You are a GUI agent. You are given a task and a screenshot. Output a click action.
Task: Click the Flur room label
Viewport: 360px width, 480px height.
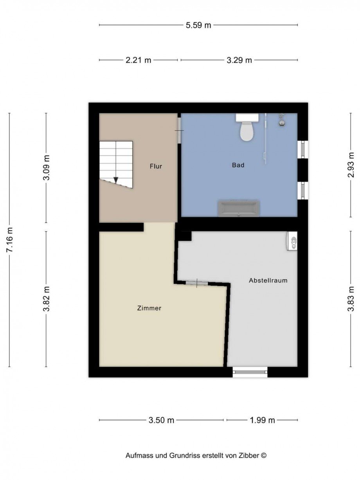coord(156,166)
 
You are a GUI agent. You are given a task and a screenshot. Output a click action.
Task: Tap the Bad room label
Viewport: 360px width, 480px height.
coord(238,165)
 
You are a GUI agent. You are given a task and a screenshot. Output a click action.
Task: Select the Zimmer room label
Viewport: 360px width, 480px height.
coord(149,308)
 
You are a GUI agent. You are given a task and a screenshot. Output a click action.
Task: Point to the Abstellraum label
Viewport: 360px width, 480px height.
coord(268,280)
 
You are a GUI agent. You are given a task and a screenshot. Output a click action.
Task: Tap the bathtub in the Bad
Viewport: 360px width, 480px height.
coord(239,209)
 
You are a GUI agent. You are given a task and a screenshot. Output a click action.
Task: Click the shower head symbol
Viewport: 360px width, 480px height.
coord(282,120)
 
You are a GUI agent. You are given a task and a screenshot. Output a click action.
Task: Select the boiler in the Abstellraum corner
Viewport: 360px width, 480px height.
coord(292,241)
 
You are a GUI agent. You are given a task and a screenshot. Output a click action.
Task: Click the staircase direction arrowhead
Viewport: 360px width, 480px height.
coord(116,180)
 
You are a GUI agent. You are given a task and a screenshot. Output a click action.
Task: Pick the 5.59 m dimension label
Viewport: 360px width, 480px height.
coord(198,25)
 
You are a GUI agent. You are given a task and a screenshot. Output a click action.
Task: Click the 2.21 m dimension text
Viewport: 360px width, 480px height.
coord(138,60)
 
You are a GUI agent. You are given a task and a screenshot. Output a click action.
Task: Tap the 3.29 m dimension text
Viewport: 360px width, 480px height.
coord(239,60)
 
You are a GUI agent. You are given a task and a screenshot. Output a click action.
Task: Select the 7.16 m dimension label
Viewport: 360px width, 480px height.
coord(9,240)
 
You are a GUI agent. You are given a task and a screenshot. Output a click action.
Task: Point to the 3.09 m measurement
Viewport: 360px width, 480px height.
coord(46,167)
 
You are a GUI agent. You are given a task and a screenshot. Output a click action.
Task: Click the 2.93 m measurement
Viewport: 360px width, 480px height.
coord(351,165)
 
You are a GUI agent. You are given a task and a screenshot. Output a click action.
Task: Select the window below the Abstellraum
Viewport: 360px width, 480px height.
coord(250,372)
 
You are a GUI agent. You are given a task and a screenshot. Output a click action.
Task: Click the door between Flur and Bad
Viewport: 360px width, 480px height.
coord(179,130)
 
